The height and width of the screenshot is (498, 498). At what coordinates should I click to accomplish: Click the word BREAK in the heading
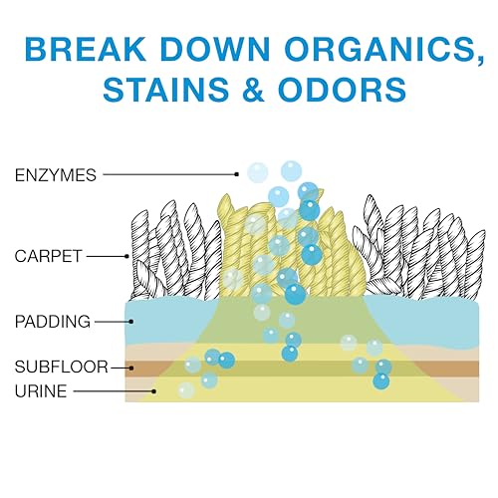tap(86, 49)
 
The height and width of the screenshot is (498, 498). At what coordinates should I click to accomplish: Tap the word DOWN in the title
tap(215, 49)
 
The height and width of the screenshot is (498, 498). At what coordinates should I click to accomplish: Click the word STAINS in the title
tap(166, 90)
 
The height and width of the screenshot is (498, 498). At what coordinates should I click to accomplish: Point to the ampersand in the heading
tap(254, 90)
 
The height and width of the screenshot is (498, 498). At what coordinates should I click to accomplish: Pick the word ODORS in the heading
tap(343, 90)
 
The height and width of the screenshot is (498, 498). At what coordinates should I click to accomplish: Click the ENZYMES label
tap(56, 175)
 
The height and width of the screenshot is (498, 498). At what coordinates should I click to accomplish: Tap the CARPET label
tap(48, 256)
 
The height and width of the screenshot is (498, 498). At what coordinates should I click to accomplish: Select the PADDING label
tap(53, 322)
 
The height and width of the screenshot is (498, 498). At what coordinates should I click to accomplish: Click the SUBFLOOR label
tap(62, 367)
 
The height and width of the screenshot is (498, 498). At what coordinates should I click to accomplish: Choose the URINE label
tap(41, 391)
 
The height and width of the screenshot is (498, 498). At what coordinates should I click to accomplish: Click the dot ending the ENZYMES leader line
tap(237, 174)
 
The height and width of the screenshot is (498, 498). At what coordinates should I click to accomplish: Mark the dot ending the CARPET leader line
tap(126, 256)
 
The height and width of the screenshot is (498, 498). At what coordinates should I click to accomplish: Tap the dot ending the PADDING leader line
tap(131, 322)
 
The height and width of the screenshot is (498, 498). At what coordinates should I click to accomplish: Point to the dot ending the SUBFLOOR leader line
tap(131, 368)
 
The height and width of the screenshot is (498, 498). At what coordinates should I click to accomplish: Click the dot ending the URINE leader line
tap(154, 391)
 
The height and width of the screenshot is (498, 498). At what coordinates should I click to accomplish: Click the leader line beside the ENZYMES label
tap(169, 174)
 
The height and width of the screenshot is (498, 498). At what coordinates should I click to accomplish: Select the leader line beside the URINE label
tap(114, 391)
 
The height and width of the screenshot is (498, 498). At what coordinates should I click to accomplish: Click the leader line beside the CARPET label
tap(107, 256)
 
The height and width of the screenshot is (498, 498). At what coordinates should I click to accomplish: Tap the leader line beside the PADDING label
tap(113, 322)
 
